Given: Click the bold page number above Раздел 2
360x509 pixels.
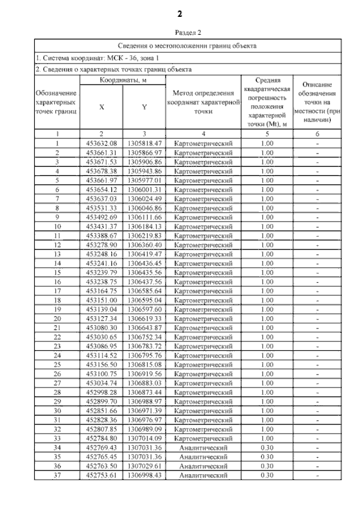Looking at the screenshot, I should pyautogui.click(x=180, y=13).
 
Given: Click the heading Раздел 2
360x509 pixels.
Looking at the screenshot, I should pyautogui.click(x=180, y=34).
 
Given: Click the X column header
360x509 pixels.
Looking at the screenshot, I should pyautogui.click(x=102, y=107).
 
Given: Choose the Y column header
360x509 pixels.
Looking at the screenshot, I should pyautogui.click(x=144, y=107).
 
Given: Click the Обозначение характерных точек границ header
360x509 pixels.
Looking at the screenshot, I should pyautogui.click(x=57, y=102).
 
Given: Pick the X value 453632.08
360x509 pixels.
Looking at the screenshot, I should pyautogui.click(x=102, y=143).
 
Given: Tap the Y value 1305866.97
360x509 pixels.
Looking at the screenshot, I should pyautogui.click(x=145, y=152).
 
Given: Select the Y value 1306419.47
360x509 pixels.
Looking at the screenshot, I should pyautogui.click(x=145, y=254).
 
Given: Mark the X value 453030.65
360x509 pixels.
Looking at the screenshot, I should pyautogui.click(x=102, y=337).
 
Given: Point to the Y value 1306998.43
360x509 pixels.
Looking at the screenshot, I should pyautogui.click(x=145, y=475).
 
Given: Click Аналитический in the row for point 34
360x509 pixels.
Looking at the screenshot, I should pyautogui.click(x=203, y=448).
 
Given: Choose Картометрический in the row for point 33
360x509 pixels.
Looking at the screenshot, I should pyautogui.click(x=203, y=439).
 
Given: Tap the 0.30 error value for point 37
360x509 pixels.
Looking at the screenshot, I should pyautogui.click(x=267, y=475).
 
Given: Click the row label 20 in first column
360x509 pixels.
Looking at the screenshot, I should pyautogui.click(x=57, y=318).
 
